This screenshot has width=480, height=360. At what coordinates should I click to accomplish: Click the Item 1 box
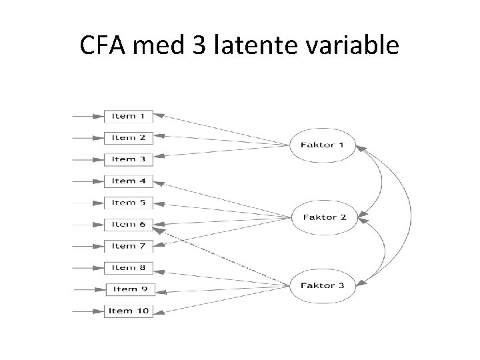coord(129,116)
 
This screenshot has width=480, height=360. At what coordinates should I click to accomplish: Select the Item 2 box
coord(129,138)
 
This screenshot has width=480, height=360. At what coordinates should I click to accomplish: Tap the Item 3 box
coord(129,159)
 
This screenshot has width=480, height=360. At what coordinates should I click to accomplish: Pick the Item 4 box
coord(129,181)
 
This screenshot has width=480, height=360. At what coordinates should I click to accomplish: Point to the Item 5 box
coord(129,202)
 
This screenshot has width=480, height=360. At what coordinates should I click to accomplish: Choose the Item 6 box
coord(129,224)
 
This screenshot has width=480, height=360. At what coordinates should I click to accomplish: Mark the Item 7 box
coord(129,246)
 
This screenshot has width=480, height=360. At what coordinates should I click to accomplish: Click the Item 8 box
coord(129,267)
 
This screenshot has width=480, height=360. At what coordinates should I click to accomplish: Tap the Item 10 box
coord(129,311)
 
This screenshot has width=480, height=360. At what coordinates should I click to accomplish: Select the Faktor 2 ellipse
coord(325,217)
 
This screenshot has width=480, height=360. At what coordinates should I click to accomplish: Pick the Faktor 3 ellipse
coord(323,285)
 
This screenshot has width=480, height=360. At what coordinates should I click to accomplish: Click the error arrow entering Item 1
coord(89,116)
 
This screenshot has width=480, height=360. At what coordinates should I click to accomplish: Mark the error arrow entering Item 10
coord(89,311)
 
